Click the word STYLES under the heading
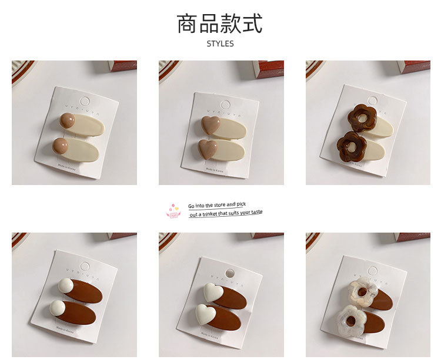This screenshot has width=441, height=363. [x=220, y=44]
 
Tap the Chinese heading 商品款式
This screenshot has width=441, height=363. [x=220, y=23]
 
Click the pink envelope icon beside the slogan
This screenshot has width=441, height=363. [x=173, y=211]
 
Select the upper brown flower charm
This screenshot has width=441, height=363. [x=356, y=116]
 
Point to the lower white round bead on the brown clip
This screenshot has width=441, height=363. [x=59, y=307]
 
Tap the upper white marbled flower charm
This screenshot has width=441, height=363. [x=359, y=290]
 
